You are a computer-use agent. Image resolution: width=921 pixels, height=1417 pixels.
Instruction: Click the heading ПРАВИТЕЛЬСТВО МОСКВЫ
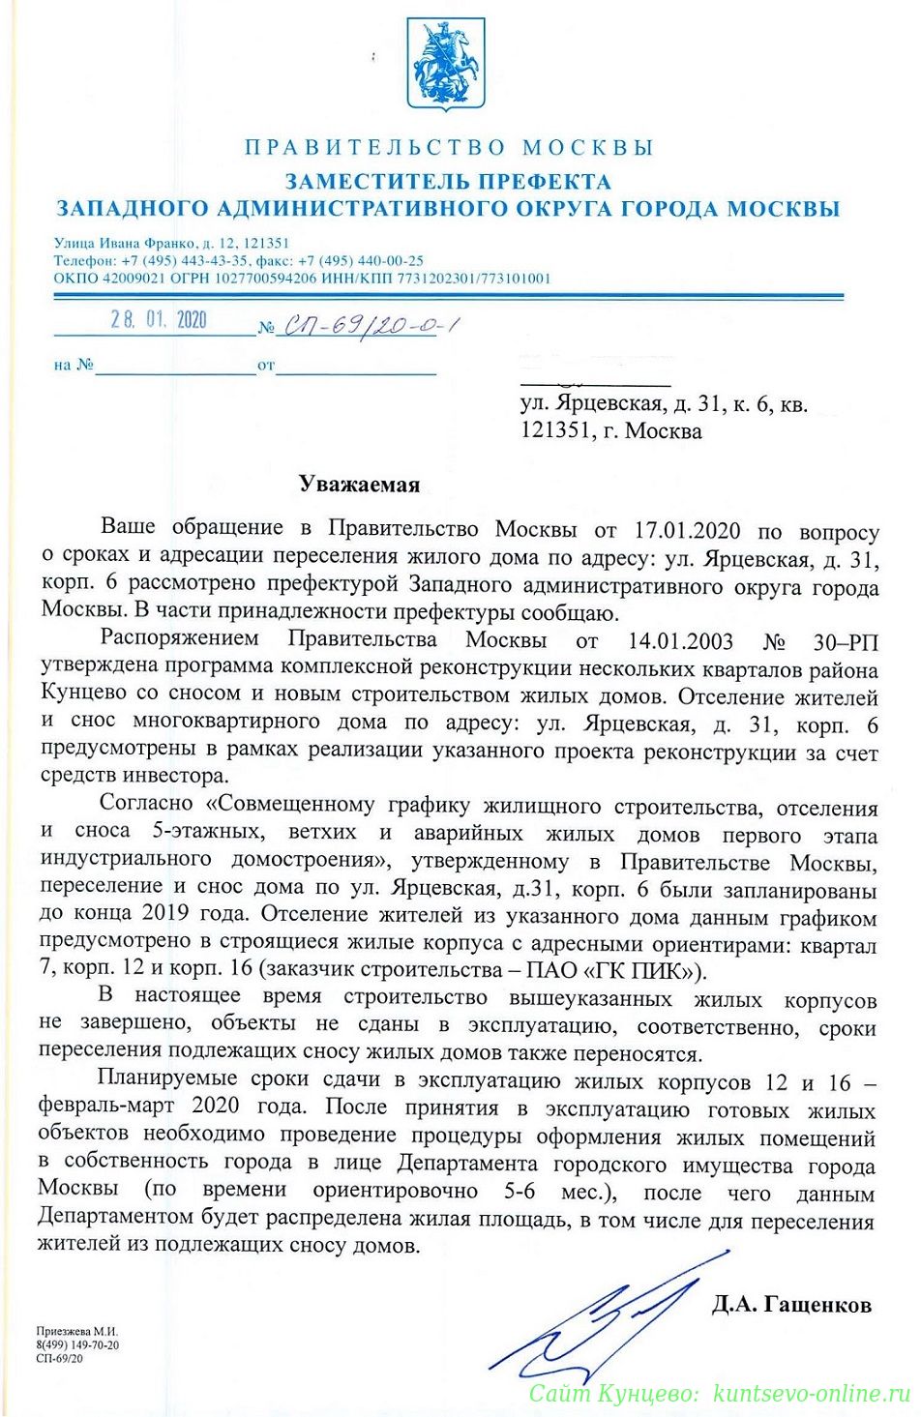(449, 148)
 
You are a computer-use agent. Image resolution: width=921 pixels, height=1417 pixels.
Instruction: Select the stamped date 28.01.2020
(158, 320)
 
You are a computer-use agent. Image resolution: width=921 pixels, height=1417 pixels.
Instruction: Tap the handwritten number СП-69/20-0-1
(369, 326)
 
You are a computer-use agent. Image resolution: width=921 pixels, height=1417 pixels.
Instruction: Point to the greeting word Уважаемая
(359, 485)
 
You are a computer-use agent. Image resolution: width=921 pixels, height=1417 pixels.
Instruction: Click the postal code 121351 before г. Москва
(555, 430)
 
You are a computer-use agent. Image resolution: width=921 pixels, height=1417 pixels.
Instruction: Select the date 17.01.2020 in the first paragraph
(687, 530)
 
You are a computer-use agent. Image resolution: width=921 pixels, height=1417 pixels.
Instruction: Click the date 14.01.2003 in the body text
(680, 641)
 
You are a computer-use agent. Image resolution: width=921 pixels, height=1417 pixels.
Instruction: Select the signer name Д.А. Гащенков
(791, 1305)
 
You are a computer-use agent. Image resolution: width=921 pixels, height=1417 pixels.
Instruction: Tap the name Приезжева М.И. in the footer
(77, 1332)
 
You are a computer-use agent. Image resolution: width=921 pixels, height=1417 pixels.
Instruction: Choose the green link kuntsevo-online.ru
(812, 1394)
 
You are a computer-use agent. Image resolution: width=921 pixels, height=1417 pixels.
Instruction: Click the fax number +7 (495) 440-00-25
(361, 261)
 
